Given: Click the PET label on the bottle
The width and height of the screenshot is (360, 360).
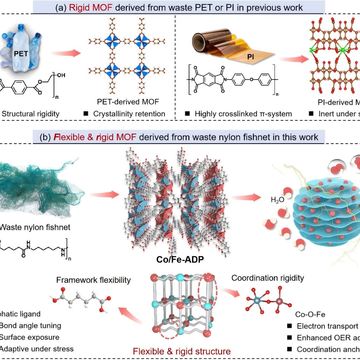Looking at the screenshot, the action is click(21, 53).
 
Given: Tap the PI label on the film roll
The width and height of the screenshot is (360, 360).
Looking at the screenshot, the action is click(251, 57).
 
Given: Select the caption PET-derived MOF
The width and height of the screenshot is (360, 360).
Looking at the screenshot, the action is click(128, 102).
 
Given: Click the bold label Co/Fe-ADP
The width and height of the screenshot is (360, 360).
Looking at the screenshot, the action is click(180, 259).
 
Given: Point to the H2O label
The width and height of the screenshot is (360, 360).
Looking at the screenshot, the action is click(277, 200).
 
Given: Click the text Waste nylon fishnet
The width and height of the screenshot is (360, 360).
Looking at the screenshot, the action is click(35, 227).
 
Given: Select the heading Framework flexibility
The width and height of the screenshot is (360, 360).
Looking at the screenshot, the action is click(93, 280).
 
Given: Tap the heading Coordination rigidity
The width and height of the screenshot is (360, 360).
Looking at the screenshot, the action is click(268, 278).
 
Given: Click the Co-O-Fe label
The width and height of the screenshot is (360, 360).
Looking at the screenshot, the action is click(310, 314).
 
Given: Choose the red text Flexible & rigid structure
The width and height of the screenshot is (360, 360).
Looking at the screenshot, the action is click(182, 351).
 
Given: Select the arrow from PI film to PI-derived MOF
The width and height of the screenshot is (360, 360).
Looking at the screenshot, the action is click(294, 59).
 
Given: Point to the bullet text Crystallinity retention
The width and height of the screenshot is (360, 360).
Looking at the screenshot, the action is click(129, 114).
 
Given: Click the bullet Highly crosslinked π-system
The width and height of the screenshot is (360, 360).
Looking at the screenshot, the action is click(243, 114).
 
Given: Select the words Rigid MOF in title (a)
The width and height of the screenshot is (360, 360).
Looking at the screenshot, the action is click(91, 7).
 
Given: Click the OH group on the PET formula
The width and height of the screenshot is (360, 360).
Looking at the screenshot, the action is click(61, 75).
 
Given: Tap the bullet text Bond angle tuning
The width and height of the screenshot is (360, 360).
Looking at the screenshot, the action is click(31, 325).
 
